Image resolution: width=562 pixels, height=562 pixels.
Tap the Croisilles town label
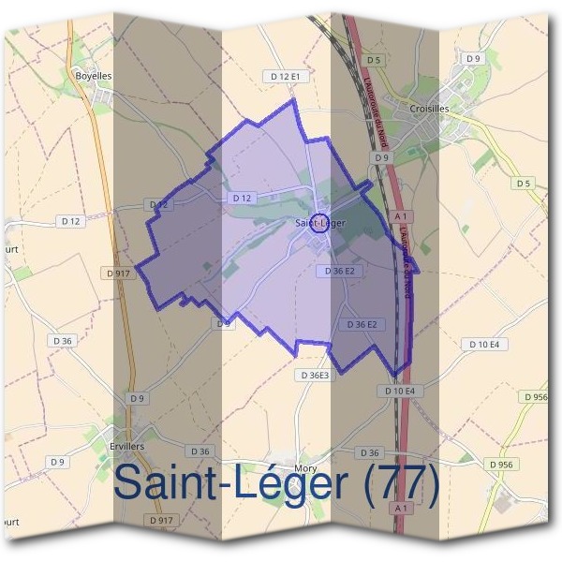tap(429, 109)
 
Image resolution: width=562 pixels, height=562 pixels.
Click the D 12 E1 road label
tap(285, 76)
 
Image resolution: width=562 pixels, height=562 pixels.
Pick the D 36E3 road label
tap(316, 375)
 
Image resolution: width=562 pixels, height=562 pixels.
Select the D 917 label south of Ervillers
tap(161, 519)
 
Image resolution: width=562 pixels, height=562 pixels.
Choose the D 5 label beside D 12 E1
tap(374, 61)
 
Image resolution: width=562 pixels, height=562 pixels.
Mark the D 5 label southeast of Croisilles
tap(523, 184)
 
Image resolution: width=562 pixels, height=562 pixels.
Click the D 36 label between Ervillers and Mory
tap(199, 451)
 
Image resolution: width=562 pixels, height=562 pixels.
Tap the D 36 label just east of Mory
tap(370, 453)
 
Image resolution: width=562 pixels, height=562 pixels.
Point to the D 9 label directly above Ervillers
tap(138, 398)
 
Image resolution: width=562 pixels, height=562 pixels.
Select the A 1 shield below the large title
tap(402, 507)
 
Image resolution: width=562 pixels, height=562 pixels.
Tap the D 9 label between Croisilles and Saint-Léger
tap(380, 158)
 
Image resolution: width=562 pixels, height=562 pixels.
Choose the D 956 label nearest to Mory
tap(501, 464)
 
